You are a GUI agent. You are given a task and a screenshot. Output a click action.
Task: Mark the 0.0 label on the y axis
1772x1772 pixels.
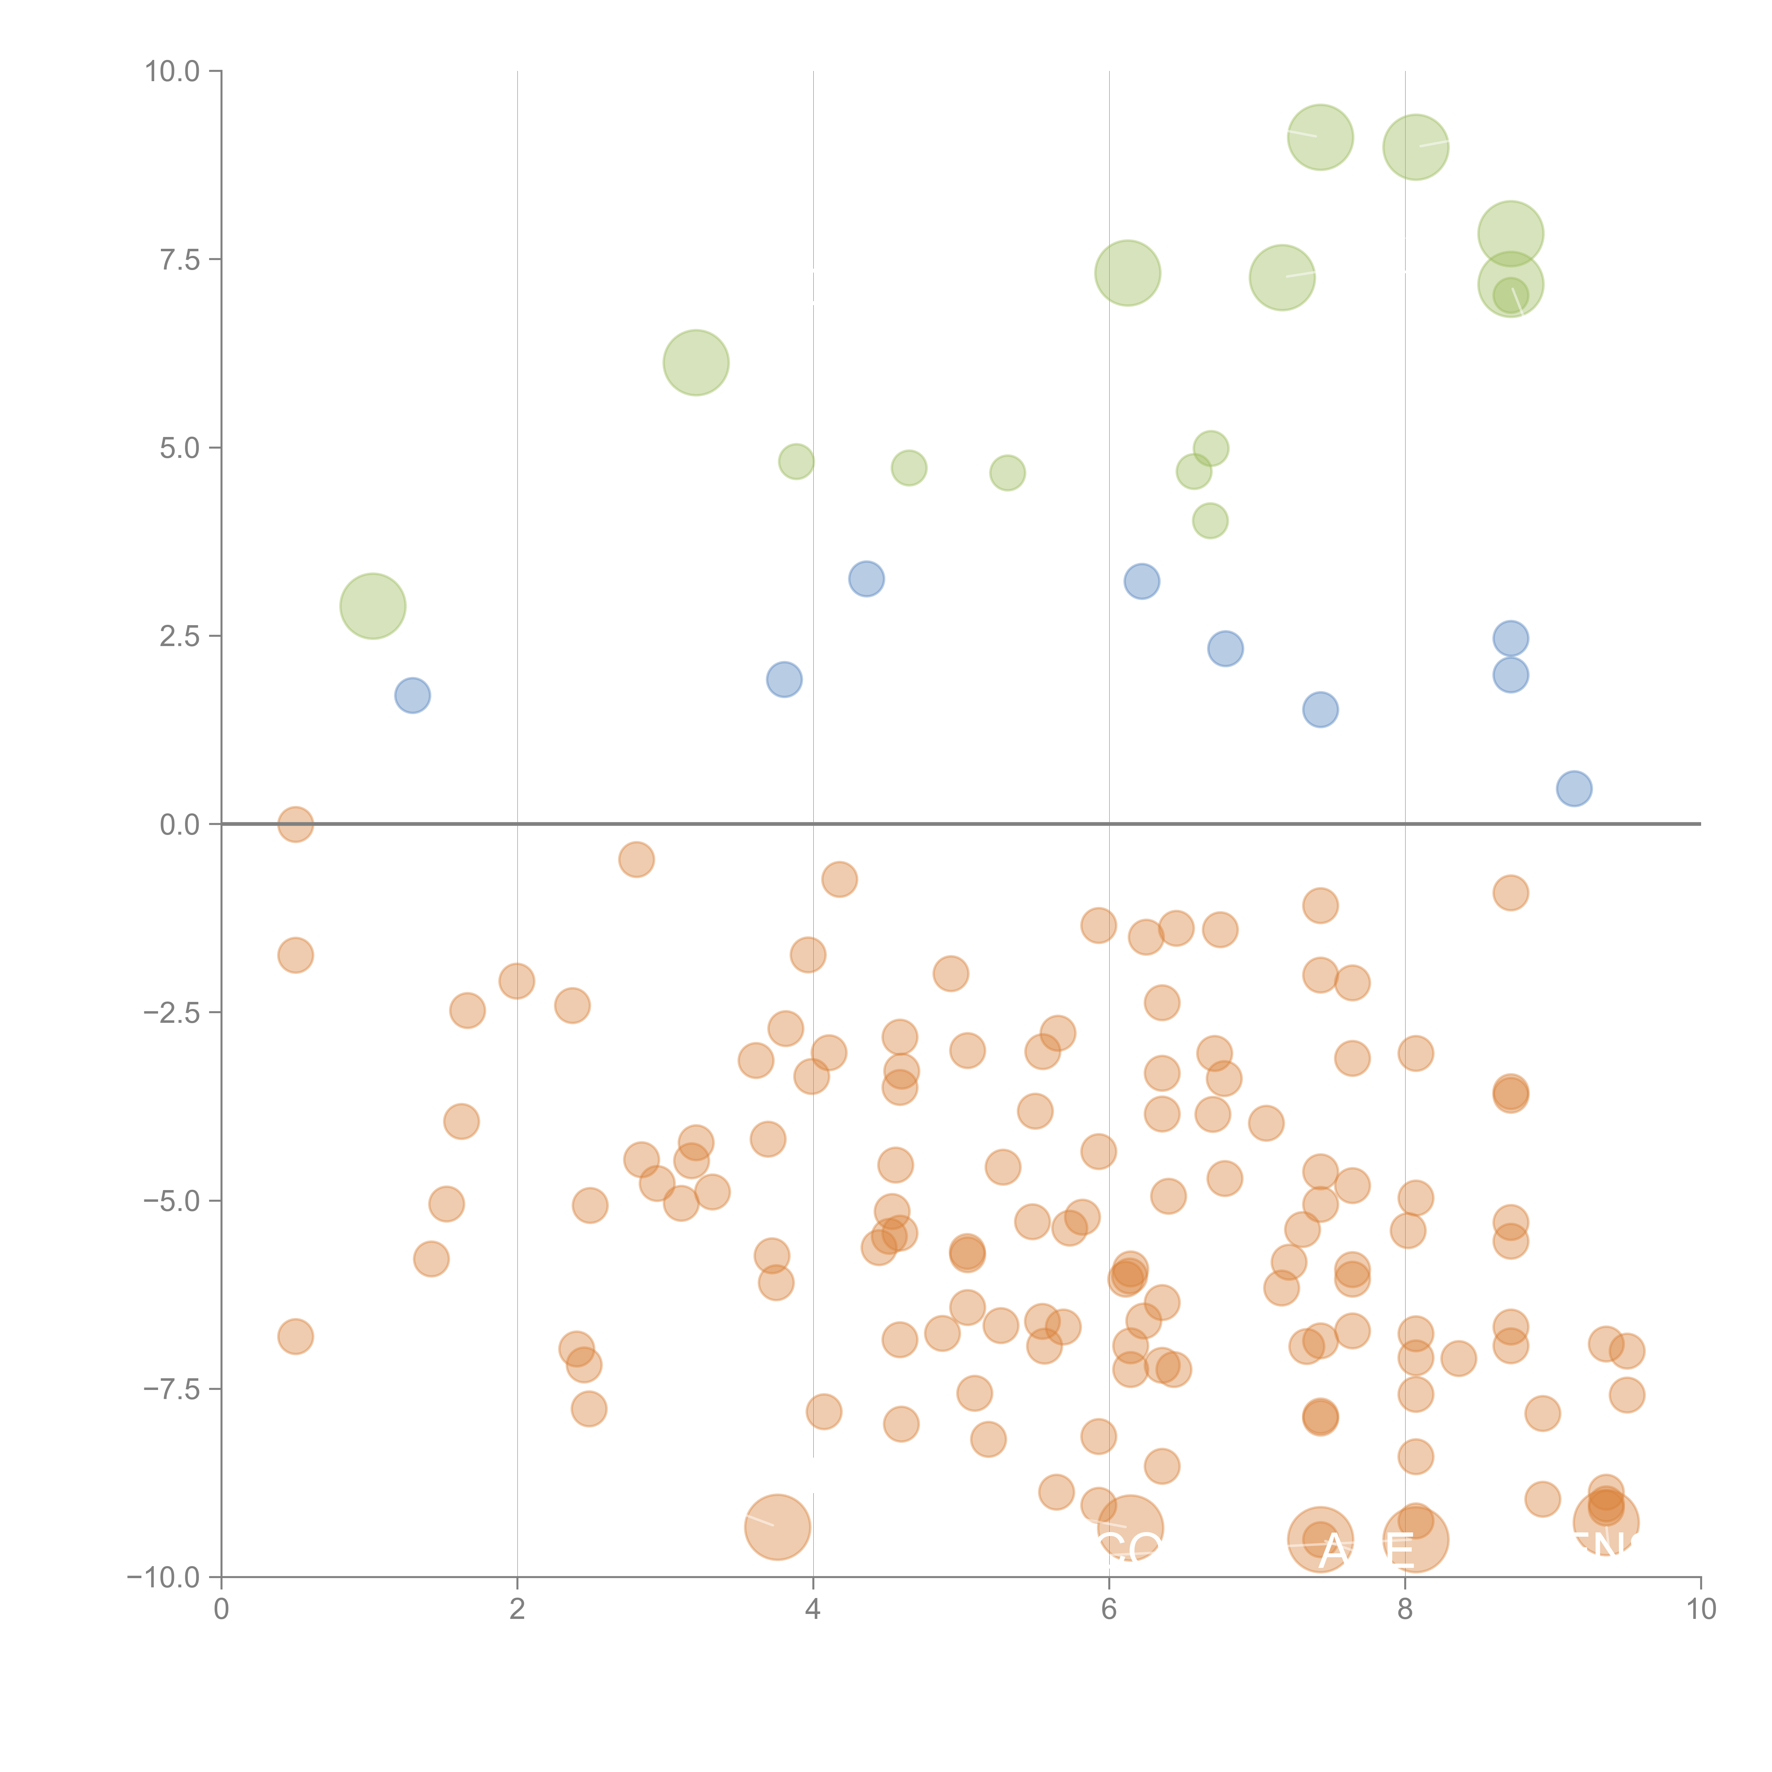[179, 825]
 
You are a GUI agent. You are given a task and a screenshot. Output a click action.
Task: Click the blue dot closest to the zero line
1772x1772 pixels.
[1574, 789]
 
